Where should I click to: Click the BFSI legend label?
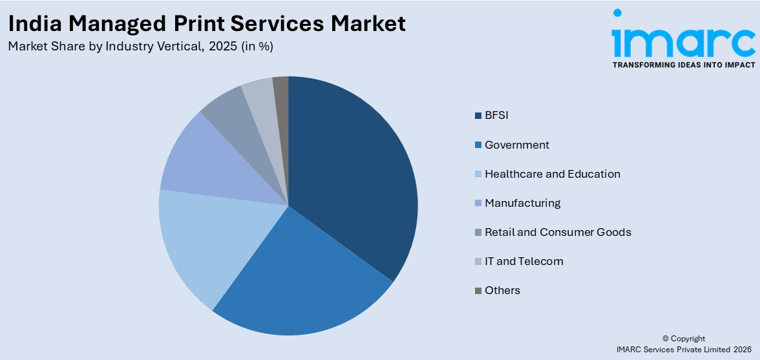click(x=496, y=116)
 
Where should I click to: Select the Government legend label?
click(x=516, y=145)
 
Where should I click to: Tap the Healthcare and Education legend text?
click(x=552, y=174)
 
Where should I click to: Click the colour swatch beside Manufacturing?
click(x=478, y=204)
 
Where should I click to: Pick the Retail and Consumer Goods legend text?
click(x=558, y=232)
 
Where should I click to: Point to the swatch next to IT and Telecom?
click(x=478, y=262)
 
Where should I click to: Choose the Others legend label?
click(x=502, y=290)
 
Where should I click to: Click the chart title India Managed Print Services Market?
click(x=207, y=23)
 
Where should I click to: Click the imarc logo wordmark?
click(x=683, y=40)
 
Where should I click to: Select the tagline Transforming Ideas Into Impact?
click(x=683, y=65)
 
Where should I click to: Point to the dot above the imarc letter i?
click(x=618, y=13)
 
